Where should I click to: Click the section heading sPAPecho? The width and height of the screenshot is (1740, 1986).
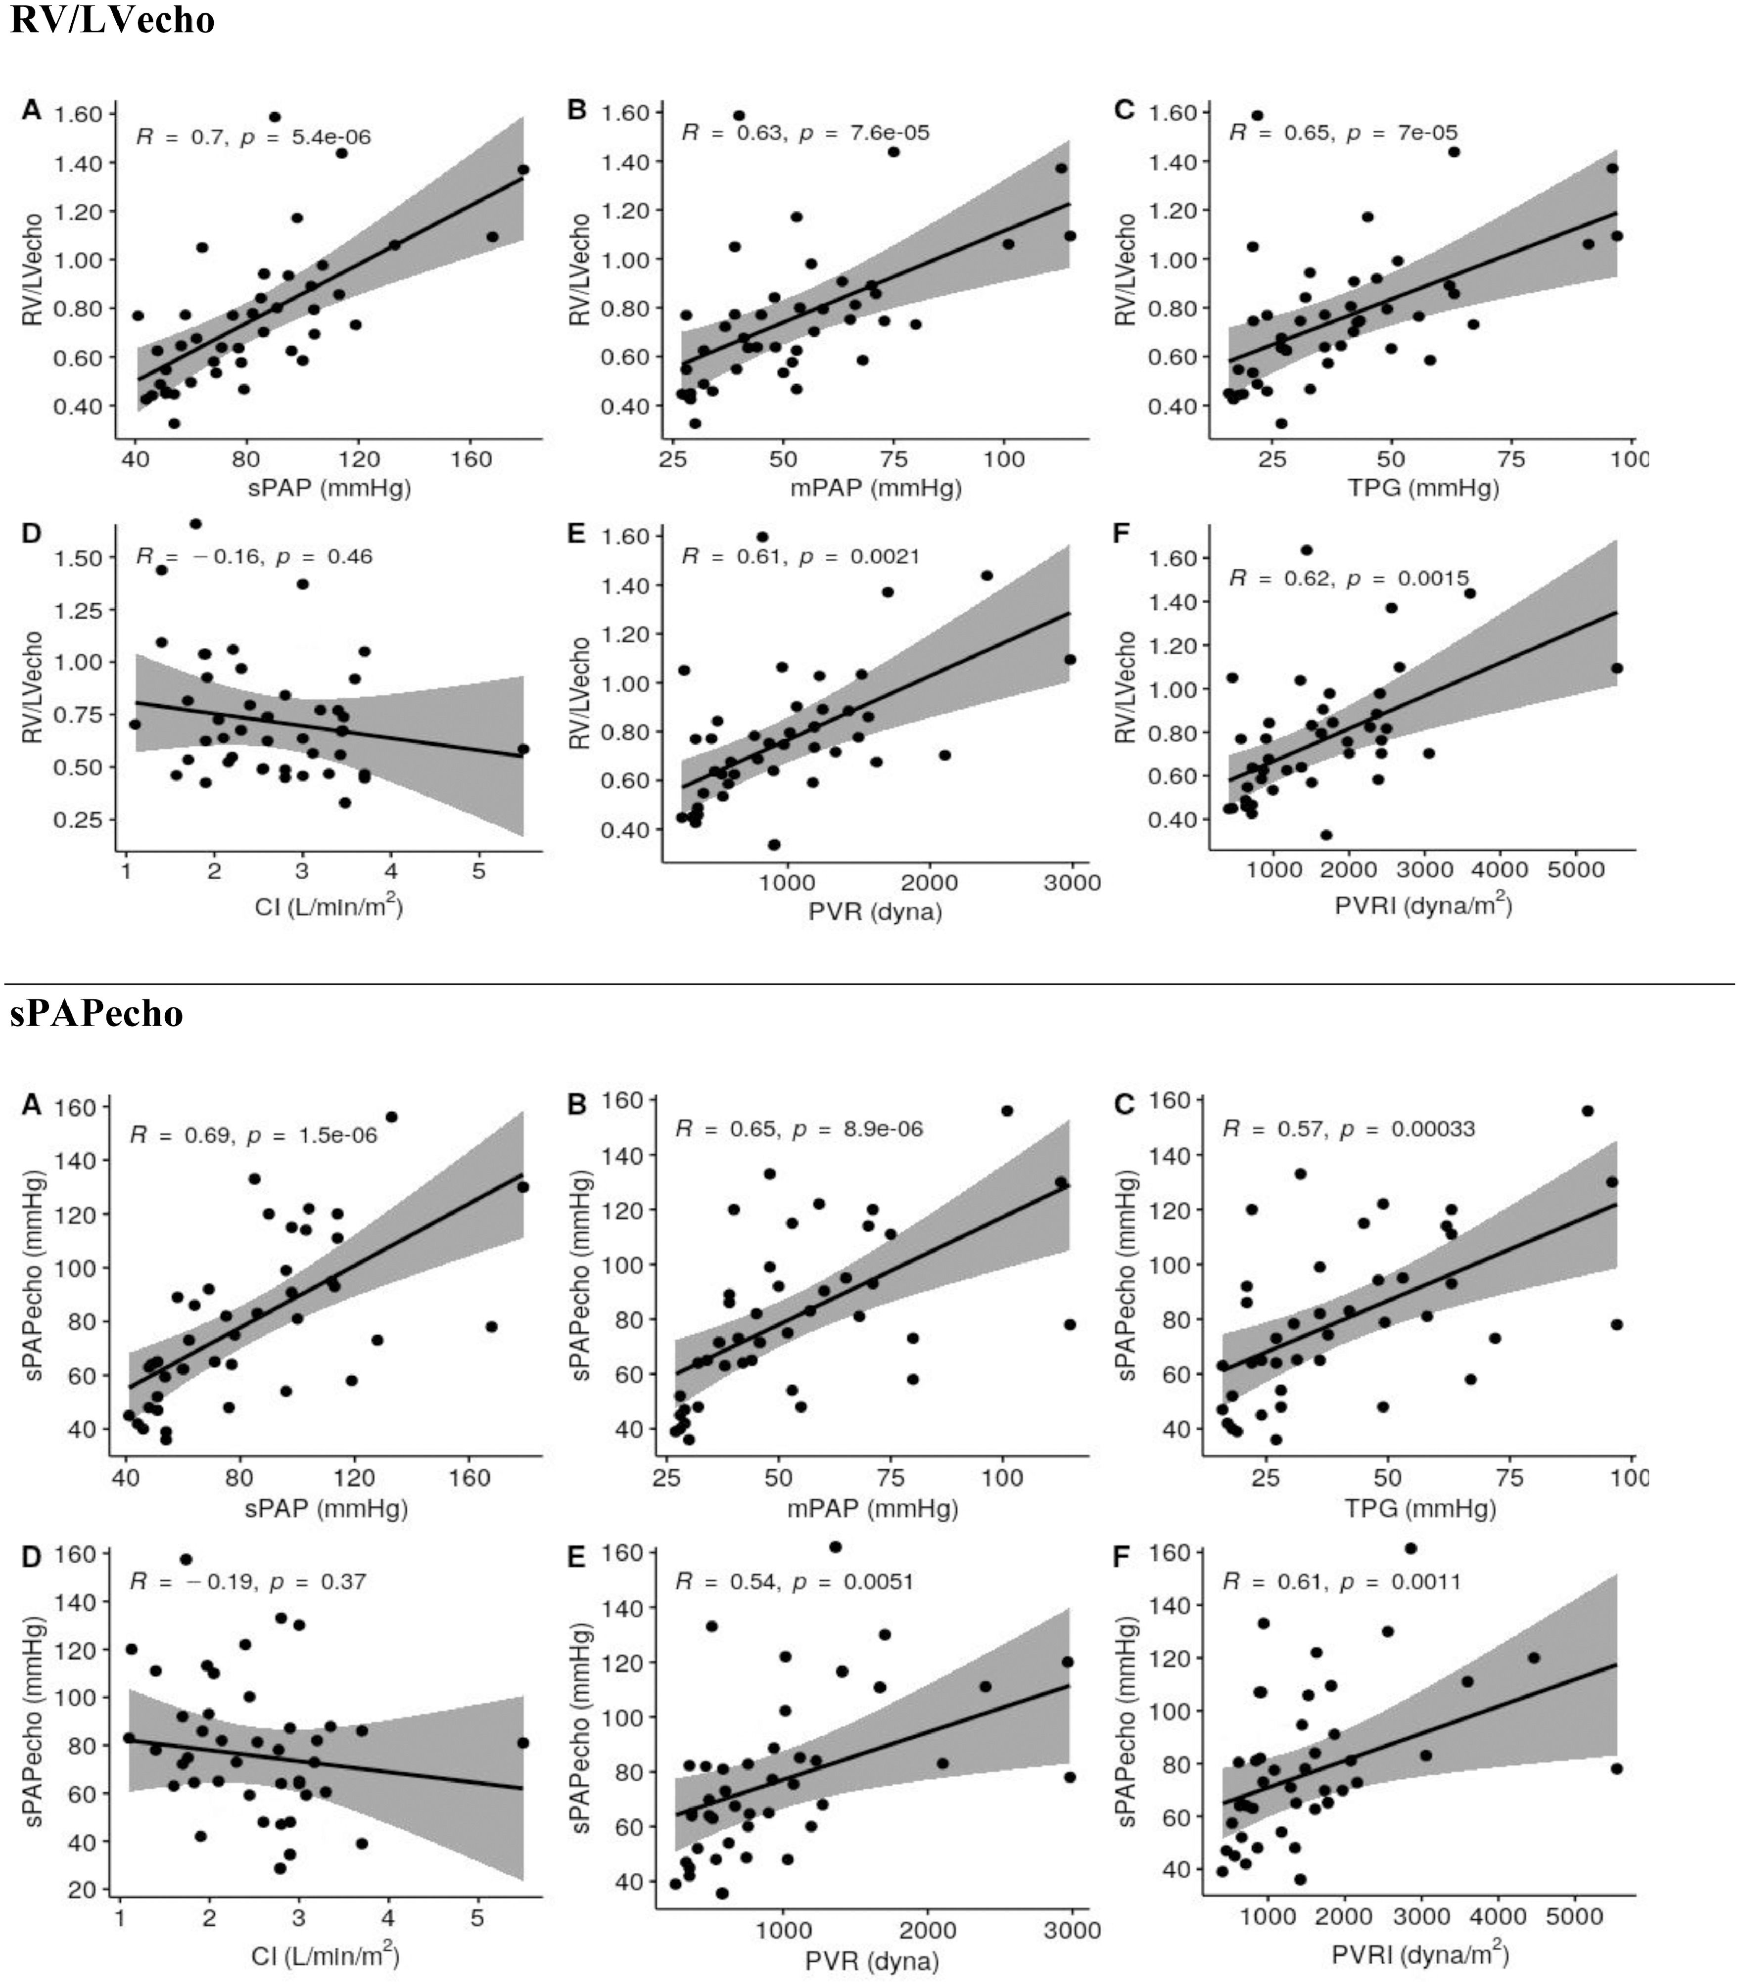point(96,1013)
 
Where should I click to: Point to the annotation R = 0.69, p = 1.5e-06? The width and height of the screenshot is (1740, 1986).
point(253,1135)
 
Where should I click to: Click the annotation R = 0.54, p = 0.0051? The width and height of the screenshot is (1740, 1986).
point(794,1582)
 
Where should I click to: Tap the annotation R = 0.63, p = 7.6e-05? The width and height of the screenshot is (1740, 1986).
point(805,133)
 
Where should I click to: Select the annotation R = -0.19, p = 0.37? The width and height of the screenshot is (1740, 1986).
point(247,1582)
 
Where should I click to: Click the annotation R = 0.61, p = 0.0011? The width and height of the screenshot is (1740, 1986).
point(1341,1582)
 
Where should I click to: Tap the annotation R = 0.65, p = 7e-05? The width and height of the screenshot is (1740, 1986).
point(1343,133)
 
